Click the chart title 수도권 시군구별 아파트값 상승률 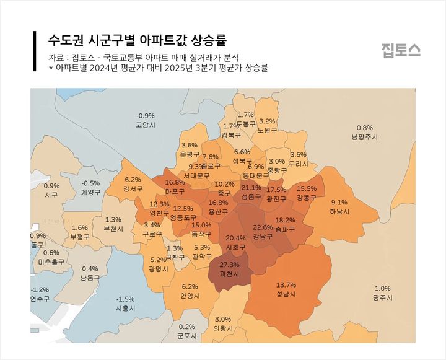coord(138,40)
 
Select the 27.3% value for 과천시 coord(229,265)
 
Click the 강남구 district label coord(263,236)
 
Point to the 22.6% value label coord(263,227)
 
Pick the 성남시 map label coord(286,294)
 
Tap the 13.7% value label coord(286,285)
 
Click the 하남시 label coord(339,211)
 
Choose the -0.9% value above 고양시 coord(146,116)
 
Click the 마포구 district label coord(175,191)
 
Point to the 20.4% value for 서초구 coord(235,238)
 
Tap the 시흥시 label coord(126,308)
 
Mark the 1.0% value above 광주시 coord(382,288)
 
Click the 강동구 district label coord(306,198)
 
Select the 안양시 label coord(190,296)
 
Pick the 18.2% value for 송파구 coord(285,221)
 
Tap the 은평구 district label coord(189,154)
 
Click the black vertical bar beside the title coord(34,50)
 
